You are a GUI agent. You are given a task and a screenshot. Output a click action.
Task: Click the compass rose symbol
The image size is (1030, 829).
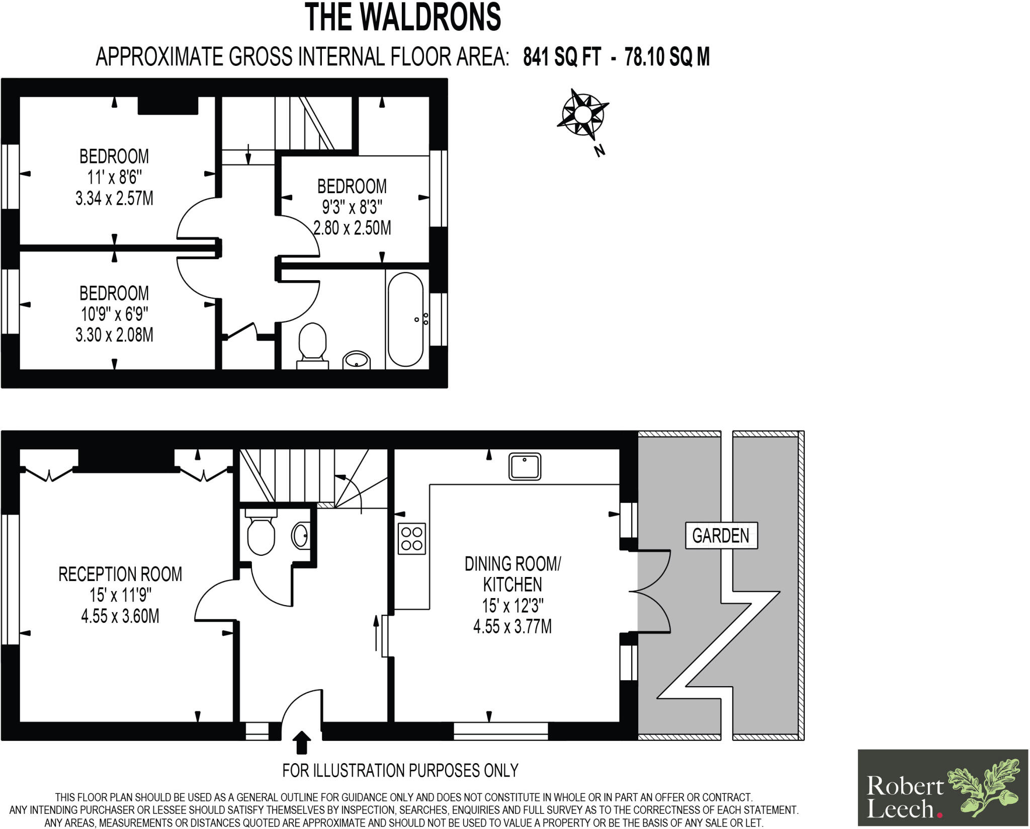tap(582, 115)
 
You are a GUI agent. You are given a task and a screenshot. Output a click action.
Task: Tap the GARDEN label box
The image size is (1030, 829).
tap(721, 535)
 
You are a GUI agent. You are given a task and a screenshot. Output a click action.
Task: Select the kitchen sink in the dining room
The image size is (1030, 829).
tap(525, 466)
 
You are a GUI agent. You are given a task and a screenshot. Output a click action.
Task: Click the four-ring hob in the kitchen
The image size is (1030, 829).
tap(412, 539)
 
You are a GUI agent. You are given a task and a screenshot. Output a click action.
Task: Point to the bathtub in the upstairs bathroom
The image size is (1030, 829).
tap(405, 319)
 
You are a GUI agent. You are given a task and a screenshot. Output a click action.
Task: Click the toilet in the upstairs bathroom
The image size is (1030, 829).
tap(312, 346)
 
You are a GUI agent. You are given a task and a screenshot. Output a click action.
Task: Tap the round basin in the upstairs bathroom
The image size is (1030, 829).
tap(357, 360)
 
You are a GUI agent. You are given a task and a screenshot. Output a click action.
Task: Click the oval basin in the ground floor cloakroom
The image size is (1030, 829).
tap(301, 535)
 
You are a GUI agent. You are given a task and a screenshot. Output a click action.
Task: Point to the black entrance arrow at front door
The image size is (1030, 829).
tap(301, 742)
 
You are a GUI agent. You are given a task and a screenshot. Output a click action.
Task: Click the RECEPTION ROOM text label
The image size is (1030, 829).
tap(120, 574)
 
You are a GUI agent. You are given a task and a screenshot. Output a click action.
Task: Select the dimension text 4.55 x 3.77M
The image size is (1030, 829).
tap(512, 627)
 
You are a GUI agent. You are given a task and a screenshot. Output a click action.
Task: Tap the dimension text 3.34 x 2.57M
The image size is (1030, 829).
tap(114, 199)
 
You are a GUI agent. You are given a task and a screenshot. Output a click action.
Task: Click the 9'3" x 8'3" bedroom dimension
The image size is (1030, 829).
tap(352, 207)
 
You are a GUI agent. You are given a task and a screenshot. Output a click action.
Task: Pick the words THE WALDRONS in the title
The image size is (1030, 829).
tap(403, 17)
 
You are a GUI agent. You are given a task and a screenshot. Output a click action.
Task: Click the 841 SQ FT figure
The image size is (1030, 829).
tap(562, 57)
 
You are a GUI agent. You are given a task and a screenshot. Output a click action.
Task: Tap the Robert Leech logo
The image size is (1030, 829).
tap(942, 787)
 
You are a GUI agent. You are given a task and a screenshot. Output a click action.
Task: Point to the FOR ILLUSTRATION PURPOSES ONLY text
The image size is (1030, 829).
tap(400, 770)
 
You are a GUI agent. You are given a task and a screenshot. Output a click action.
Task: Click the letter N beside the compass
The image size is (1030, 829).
tap(599, 150)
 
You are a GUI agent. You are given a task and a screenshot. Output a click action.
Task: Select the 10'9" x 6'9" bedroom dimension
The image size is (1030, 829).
tap(114, 314)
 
